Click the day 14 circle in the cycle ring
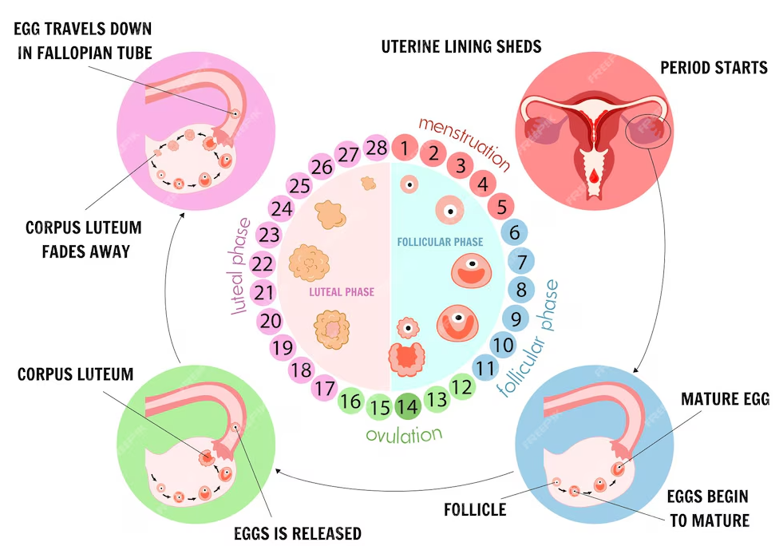point(407,406)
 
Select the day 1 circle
point(405,148)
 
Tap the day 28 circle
point(376,148)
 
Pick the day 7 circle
point(521,261)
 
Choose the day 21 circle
point(265,292)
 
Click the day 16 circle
point(351,401)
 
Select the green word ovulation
point(403,435)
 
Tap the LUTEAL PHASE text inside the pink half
point(342,292)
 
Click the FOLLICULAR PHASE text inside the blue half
point(440,241)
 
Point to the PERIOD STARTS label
point(714,67)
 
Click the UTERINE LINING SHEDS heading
point(461,45)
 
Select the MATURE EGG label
point(725,398)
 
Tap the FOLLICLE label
point(475,508)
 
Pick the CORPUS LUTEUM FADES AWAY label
point(83,239)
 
